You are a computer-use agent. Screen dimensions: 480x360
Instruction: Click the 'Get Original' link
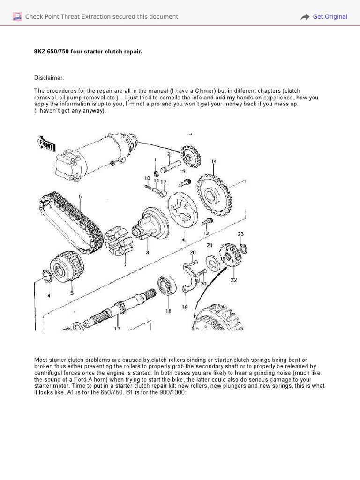coord(330,17)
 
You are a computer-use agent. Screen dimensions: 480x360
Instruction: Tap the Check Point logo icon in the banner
coord(17,17)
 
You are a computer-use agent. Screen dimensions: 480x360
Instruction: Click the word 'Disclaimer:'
coord(49,78)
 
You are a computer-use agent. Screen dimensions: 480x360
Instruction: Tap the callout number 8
coord(147,252)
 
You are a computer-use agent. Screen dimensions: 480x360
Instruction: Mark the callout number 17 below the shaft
coord(117,329)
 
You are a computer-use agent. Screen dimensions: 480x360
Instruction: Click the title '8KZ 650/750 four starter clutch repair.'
coord(88,52)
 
